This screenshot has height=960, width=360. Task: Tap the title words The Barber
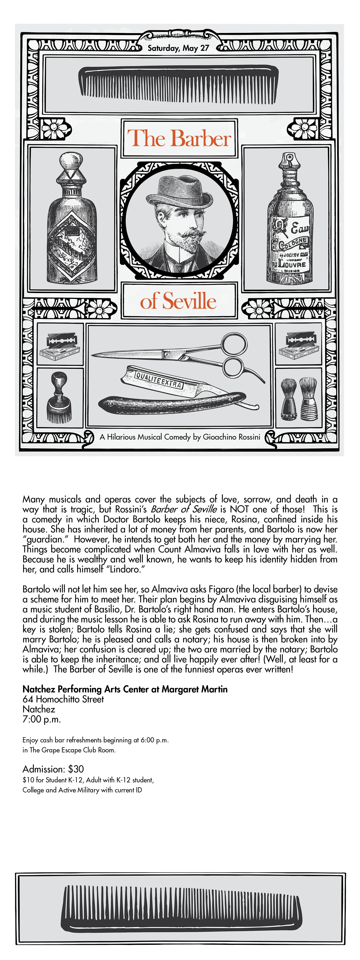(179, 138)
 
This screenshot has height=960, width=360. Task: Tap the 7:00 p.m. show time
(41, 719)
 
